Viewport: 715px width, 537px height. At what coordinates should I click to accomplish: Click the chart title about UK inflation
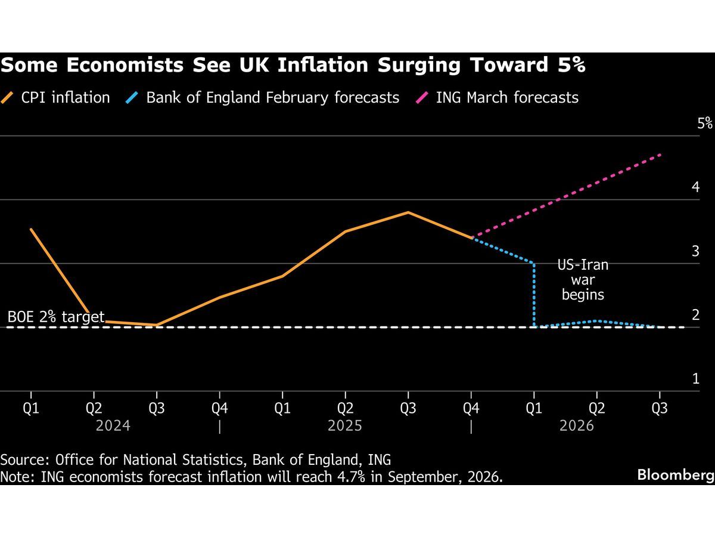click(293, 66)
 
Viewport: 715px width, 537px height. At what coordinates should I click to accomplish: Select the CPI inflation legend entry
click(56, 97)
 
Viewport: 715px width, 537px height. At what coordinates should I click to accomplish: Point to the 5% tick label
click(705, 124)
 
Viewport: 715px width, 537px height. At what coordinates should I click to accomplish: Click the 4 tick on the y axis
click(695, 187)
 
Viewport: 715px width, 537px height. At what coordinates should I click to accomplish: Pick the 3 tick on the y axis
click(695, 251)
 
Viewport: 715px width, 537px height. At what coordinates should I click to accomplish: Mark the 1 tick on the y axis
click(695, 378)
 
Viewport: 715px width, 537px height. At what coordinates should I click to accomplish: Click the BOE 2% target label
click(56, 317)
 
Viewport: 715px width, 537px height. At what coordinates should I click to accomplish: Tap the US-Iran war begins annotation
click(583, 279)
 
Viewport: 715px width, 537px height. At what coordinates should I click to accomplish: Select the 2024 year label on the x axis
click(113, 425)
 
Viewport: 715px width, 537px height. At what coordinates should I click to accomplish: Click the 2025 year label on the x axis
click(345, 425)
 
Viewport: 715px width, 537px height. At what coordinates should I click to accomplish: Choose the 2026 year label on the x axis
click(577, 425)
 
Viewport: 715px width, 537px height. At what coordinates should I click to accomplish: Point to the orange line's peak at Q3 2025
click(408, 212)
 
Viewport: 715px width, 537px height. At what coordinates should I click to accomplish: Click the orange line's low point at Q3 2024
click(156, 325)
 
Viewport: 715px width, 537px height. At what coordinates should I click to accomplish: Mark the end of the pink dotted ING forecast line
click(660, 155)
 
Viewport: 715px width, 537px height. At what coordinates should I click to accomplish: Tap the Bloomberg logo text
click(675, 475)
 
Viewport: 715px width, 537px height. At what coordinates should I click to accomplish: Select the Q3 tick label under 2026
click(660, 408)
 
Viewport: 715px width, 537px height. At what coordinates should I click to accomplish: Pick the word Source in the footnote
click(23, 460)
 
